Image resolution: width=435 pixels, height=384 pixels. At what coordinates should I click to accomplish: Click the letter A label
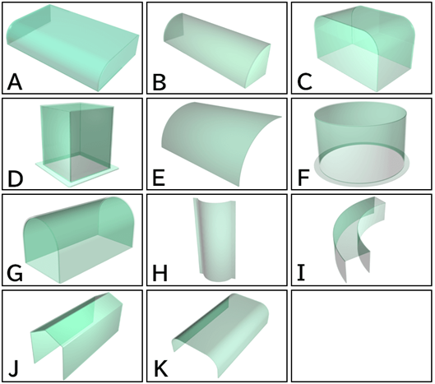(15, 82)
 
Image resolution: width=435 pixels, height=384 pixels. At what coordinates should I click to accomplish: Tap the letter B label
(160, 82)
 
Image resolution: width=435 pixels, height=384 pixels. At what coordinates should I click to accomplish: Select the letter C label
(304, 82)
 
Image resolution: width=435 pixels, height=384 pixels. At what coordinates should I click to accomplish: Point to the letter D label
(16, 178)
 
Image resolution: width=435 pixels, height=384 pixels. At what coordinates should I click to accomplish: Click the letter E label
(159, 178)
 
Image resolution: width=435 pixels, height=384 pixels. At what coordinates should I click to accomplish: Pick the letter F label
(303, 178)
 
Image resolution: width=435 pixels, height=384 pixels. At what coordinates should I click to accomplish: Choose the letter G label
(15, 274)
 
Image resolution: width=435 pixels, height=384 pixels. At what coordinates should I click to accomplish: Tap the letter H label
(160, 274)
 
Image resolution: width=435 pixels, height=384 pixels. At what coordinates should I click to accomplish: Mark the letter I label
(301, 274)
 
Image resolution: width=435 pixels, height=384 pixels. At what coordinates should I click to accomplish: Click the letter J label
(13, 370)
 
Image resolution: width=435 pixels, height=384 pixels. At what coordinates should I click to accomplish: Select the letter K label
(160, 369)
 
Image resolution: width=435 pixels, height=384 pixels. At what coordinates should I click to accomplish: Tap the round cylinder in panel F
(361, 144)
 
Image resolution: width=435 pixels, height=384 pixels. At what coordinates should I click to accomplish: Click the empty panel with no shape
(362, 336)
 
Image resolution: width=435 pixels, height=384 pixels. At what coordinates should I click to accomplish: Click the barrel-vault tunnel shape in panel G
(79, 240)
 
